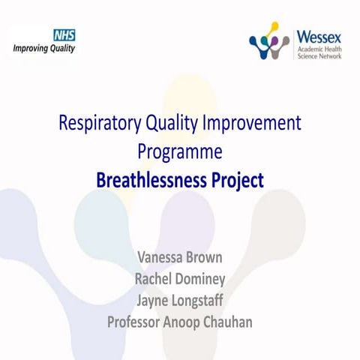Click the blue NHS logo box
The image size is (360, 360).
64,34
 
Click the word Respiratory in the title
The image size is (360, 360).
104,124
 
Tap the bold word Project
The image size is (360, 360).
239,180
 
